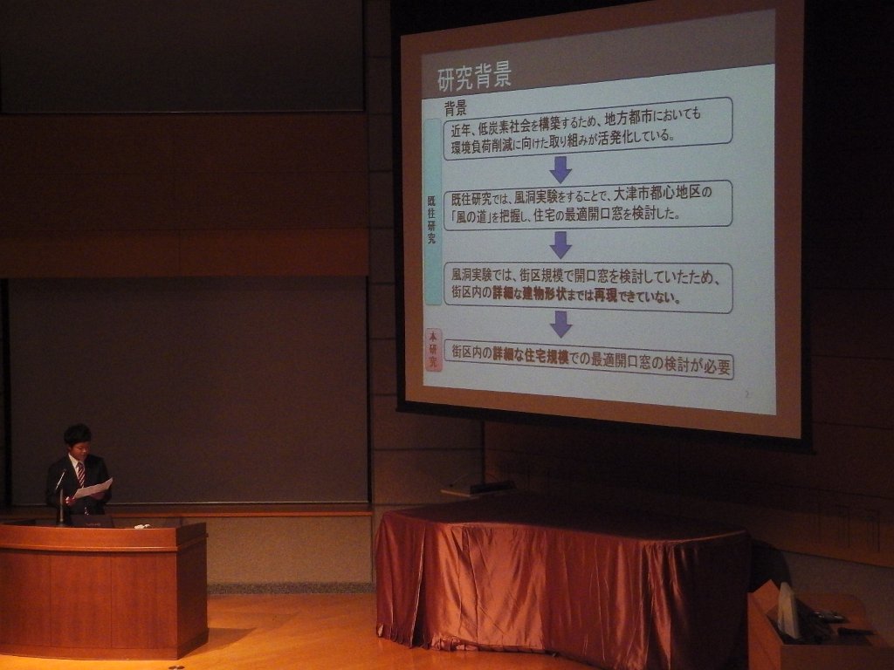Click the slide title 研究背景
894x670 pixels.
(474, 78)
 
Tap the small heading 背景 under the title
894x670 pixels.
(456, 108)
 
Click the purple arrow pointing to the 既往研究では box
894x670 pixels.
(560, 169)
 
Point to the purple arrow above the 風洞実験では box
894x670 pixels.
(560, 244)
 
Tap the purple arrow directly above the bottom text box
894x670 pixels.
(561, 325)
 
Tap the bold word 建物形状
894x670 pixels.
(543, 296)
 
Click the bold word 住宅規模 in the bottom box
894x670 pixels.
(547, 356)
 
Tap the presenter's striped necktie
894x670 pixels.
(81, 474)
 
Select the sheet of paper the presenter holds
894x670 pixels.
(93, 489)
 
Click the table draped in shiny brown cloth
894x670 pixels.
(561, 581)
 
